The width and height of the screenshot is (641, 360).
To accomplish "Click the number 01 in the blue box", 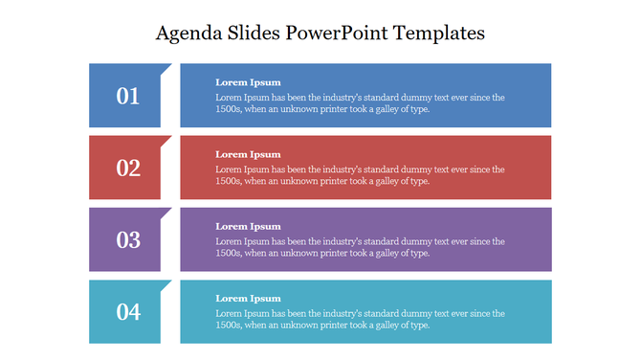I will [x=128, y=96].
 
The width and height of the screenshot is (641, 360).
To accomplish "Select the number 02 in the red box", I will [x=128, y=168].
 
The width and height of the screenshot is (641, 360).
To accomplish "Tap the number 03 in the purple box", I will [x=128, y=239].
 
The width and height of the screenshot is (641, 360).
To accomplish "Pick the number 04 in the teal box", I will [x=128, y=311].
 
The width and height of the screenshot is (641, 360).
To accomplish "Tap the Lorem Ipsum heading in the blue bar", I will [x=248, y=82].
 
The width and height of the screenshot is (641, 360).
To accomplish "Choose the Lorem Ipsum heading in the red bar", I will [x=248, y=154].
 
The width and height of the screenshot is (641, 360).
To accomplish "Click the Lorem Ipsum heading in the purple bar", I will [x=248, y=226].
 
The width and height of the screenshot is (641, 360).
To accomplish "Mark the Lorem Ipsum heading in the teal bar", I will [x=248, y=298].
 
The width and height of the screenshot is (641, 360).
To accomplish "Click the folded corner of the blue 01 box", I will [x=166, y=68].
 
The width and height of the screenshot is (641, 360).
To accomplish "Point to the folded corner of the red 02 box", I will [x=166, y=140].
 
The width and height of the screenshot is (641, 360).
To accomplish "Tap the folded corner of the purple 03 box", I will [x=166, y=212].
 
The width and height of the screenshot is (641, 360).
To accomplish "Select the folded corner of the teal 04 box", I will [x=166, y=283].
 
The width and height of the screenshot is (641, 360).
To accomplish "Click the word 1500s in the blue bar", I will [x=228, y=109].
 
